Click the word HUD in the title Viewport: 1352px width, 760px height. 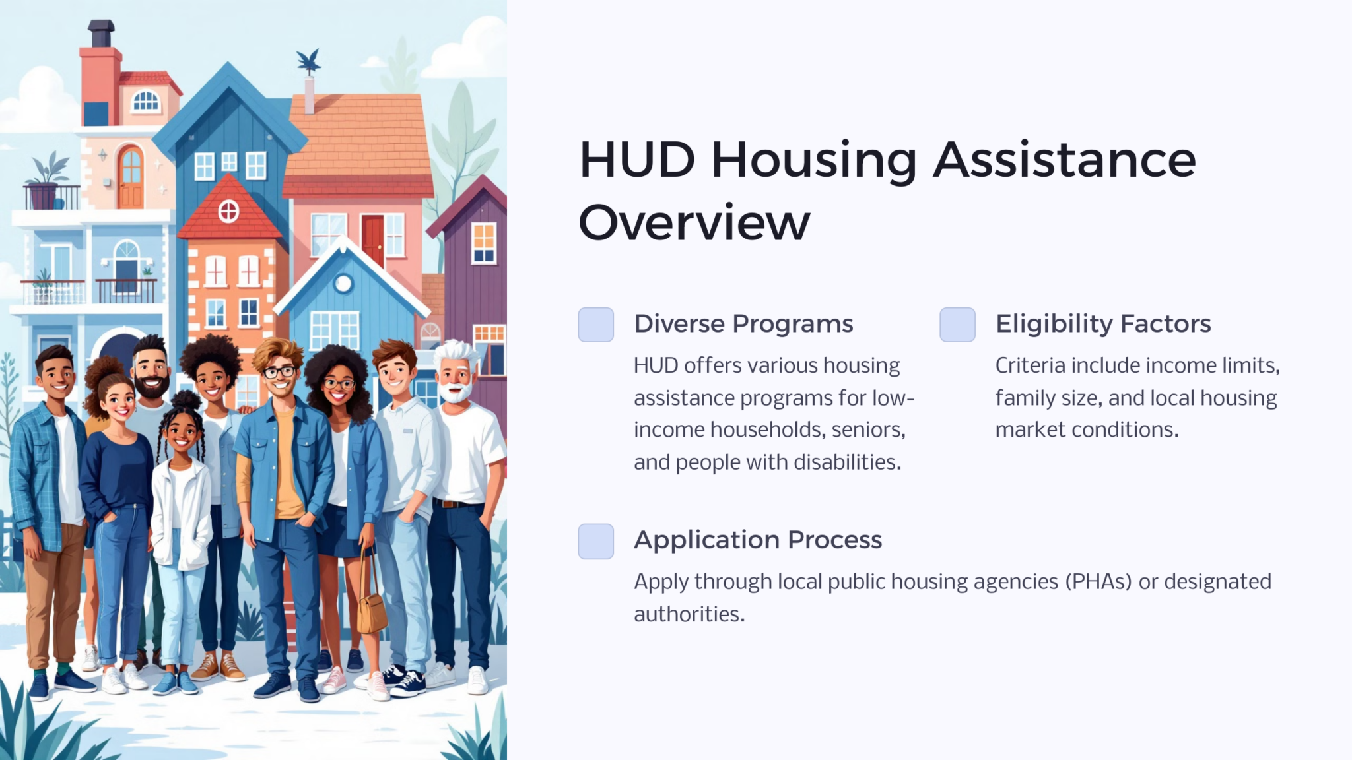click(637, 160)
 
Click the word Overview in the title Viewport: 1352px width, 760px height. click(694, 223)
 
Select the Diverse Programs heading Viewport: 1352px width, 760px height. click(743, 324)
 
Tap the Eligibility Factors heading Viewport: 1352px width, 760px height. click(1103, 324)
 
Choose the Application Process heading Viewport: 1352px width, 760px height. click(758, 540)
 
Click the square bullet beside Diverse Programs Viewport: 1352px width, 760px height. click(595, 325)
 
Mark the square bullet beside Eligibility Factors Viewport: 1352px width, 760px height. click(957, 325)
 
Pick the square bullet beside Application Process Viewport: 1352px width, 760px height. click(595, 541)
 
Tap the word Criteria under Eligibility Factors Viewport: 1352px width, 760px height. click(1031, 365)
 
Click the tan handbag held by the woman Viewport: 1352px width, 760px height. click(372, 610)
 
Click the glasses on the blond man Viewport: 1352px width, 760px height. click(279, 372)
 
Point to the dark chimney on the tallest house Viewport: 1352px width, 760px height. click(101, 33)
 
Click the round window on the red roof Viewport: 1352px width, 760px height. click(228, 212)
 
